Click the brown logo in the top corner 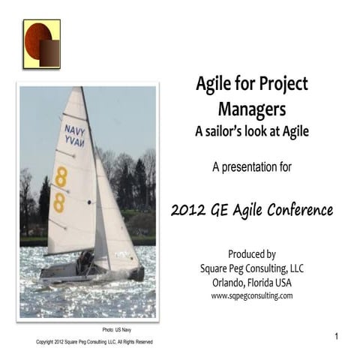pos(41,44)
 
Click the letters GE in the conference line pos(224,209)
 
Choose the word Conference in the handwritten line pos(298,209)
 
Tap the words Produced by pos(251,253)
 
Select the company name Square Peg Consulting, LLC pos(251,268)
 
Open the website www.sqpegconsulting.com pos(251,296)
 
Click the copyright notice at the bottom pos(94,342)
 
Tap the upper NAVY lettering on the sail pos(75,129)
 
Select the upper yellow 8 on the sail pos(61,177)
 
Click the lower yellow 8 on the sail pos(58,202)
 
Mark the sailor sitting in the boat pos(85,261)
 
